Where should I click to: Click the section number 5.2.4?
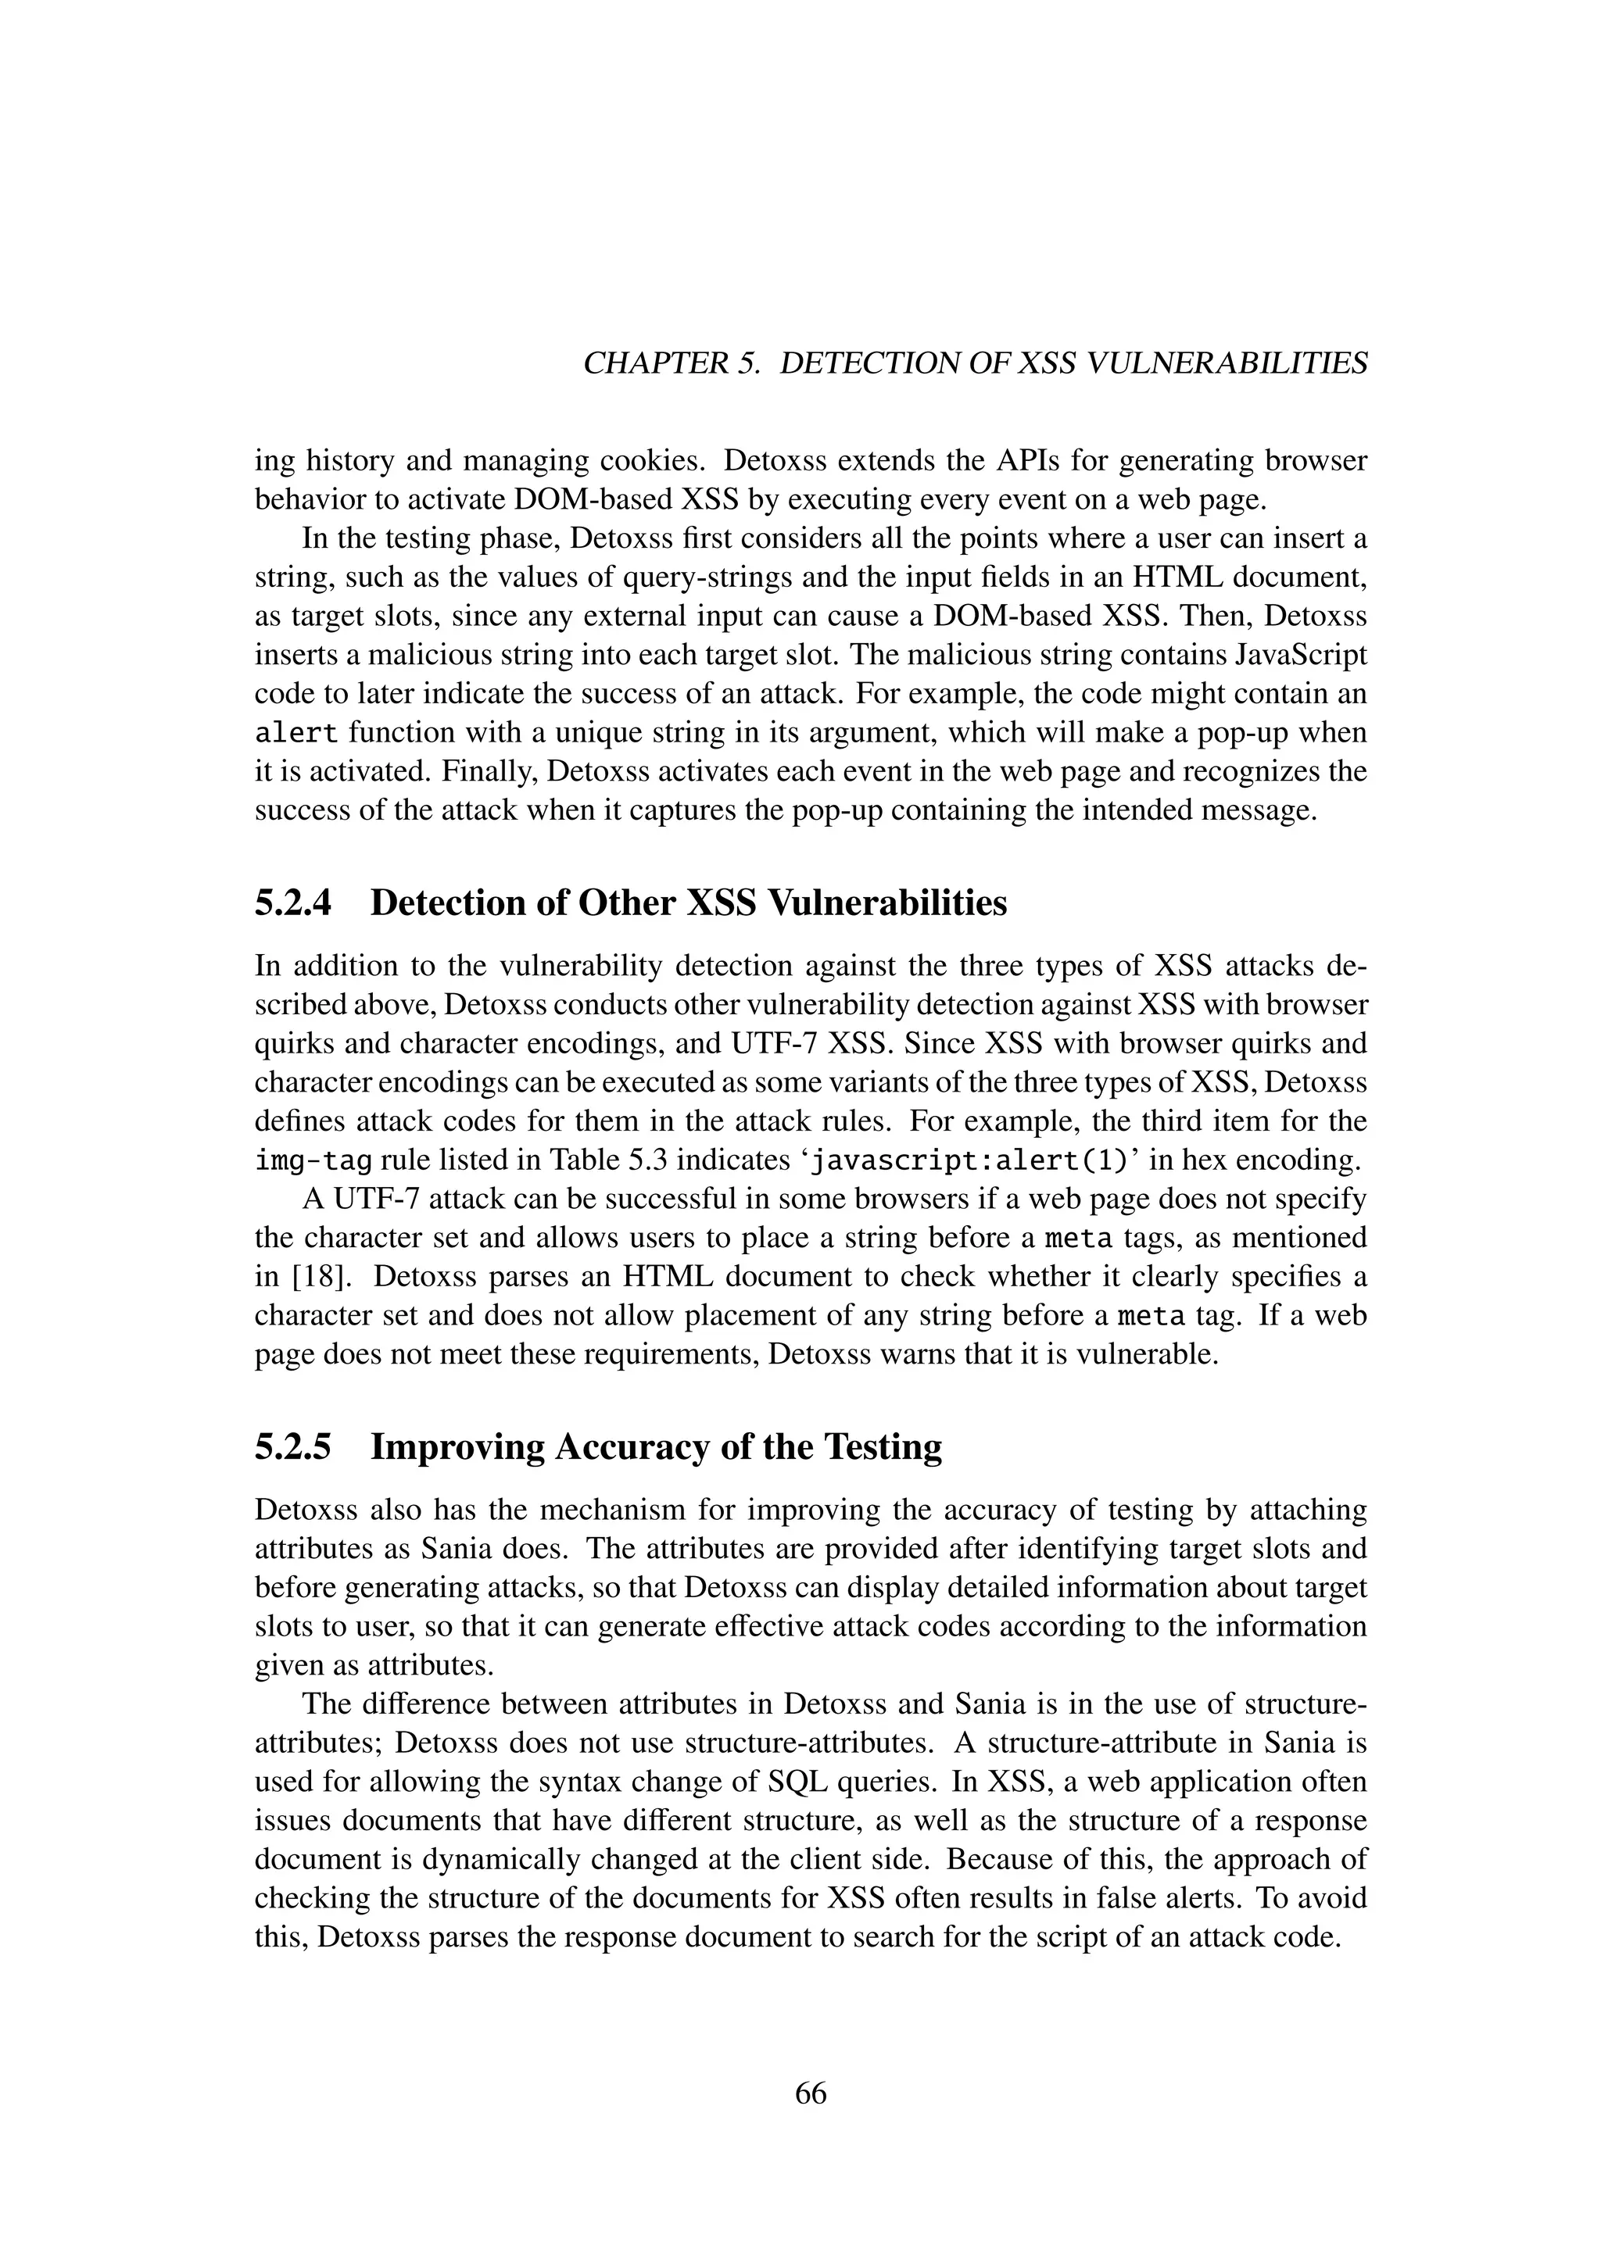(x=293, y=903)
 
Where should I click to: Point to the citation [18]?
(x=314, y=1276)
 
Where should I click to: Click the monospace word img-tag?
(x=313, y=1160)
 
